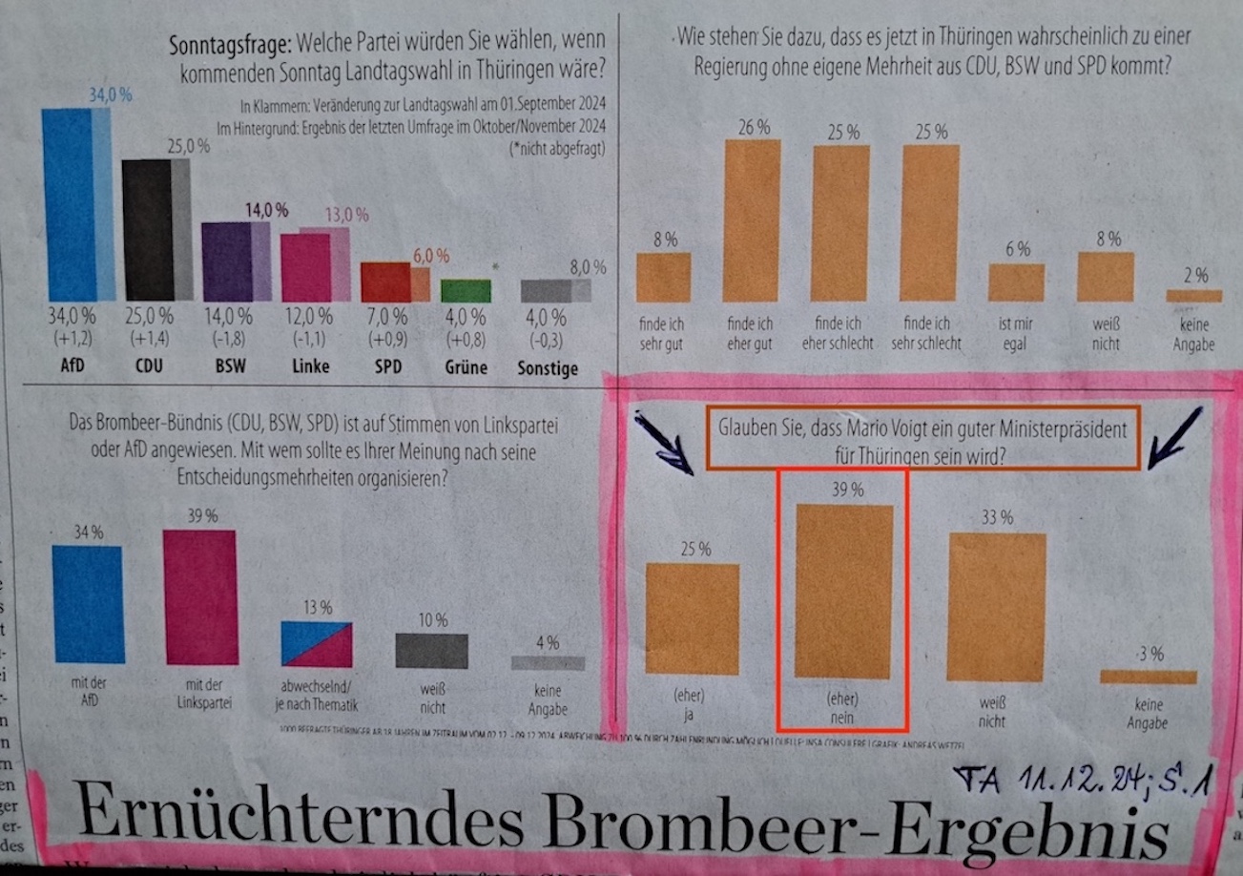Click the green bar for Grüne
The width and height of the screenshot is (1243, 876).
pos(466,290)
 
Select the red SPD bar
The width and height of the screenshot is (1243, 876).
pos(384,282)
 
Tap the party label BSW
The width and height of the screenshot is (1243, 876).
pos(228,366)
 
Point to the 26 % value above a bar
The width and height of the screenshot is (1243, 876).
pos(752,127)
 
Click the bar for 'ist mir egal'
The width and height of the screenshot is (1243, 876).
pos(1017,282)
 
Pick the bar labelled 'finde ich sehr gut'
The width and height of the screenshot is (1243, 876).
pos(662,278)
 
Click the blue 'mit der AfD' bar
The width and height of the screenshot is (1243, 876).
pos(88,603)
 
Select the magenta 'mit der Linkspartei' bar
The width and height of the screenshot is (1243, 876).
pos(200,597)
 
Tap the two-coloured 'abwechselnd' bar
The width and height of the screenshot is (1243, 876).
pos(317,644)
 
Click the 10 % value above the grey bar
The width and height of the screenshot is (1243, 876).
pos(431,620)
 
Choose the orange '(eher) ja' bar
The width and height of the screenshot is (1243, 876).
pos(693,619)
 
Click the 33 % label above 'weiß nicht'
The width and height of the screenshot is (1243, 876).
pos(997,518)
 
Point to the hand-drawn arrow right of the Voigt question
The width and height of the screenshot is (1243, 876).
pos(1174,437)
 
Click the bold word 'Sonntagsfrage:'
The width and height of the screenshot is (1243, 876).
pos(230,44)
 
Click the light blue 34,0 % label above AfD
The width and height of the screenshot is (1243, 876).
pos(111,95)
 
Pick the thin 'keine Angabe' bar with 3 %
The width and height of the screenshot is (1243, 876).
pos(1148,677)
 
